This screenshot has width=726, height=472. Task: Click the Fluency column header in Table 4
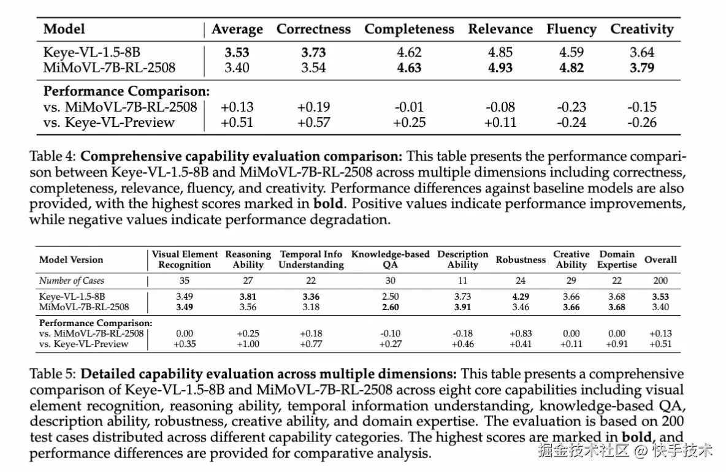click(x=571, y=29)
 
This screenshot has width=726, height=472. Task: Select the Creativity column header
click(x=642, y=29)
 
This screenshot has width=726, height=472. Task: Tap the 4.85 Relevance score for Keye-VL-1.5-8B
click(x=500, y=52)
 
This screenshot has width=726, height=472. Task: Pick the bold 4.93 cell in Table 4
click(x=500, y=67)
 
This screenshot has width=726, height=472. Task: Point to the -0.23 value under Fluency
click(x=571, y=107)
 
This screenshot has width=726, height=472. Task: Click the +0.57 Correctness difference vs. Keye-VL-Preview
click(x=313, y=123)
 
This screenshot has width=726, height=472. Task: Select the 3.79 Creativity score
click(x=642, y=67)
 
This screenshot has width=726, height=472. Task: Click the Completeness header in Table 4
click(x=410, y=29)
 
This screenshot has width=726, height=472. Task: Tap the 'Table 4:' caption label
click(x=53, y=156)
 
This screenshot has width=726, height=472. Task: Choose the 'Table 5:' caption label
click(x=53, y=374)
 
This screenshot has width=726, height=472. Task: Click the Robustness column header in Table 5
click(x=521, y=260)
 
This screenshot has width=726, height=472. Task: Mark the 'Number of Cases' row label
click(x=72, y=280)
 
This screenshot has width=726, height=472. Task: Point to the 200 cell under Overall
click(x=661, y=280)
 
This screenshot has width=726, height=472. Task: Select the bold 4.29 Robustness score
click(x=521, y=297)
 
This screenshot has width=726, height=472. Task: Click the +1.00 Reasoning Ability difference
click(x=248, y=344)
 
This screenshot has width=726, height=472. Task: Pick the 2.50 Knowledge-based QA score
click(x=391, y=297)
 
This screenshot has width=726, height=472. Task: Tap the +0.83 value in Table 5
click(x=521, y=333)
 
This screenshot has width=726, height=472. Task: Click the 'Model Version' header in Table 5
click(x=71, y=260)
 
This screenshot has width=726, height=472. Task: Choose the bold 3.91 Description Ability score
click(x=462, y=306)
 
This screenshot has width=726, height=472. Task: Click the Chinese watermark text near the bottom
click(x=625, y=450)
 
